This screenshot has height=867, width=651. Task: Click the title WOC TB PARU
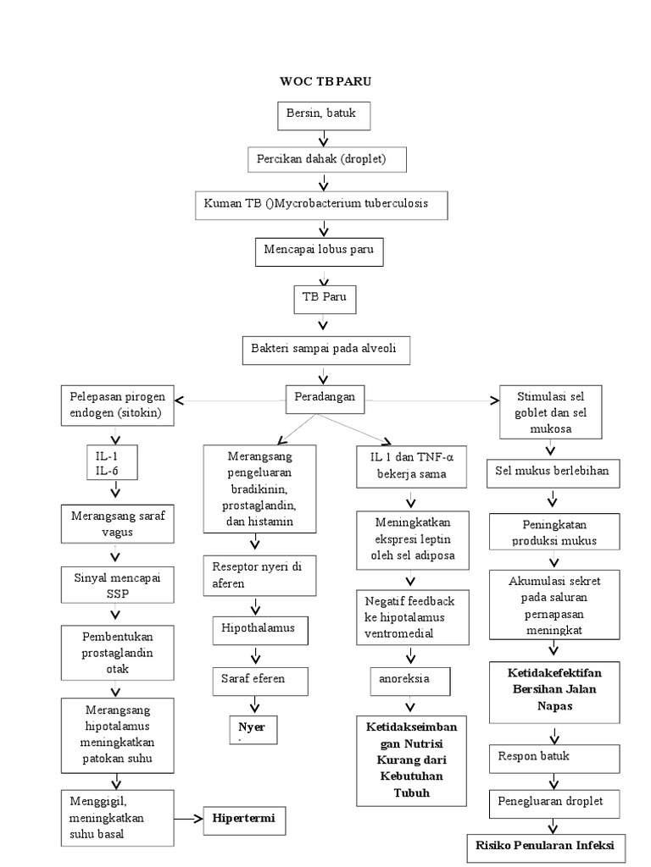[325, 81]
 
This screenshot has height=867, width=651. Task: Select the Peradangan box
[320, 396]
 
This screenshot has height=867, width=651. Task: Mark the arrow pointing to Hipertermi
[188, 820]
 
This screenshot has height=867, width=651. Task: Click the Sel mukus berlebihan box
[553, 471]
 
